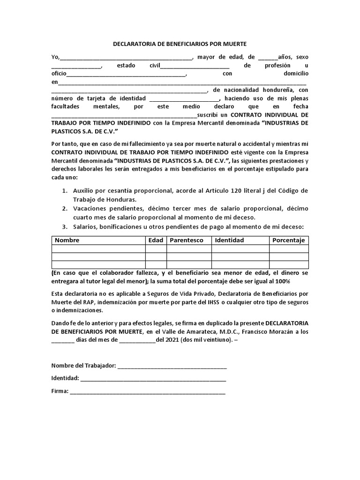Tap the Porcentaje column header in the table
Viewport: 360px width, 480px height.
pos(288,240)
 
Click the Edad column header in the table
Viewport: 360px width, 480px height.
pos(156,240)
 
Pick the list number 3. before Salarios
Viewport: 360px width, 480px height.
pos(65,226)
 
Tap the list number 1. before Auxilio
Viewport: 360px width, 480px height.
pos(65,190)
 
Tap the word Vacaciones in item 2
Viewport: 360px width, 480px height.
pos(91,209)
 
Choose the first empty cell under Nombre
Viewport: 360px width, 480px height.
pos(98,248)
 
